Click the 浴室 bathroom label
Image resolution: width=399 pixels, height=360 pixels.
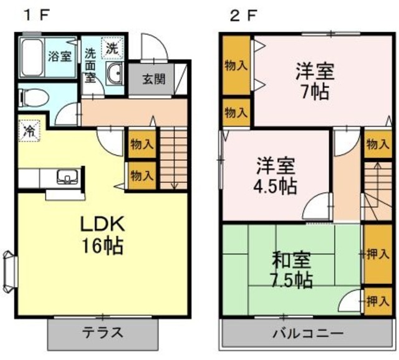pyautogui.click(x=60, y=54)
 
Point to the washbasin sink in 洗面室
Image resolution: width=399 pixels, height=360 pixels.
pyautogui.click(x=115, y=74)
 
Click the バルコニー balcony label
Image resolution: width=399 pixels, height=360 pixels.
pyautogui.click(x=307, y=333)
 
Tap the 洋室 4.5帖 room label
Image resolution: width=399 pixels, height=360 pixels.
pyautogui.click(x=275, y=176)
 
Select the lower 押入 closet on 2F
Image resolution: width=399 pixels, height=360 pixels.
pyautogui.click(x=378, y=302)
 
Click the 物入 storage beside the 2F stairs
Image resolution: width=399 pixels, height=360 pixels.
pyautogui.click(x=377, y=145)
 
